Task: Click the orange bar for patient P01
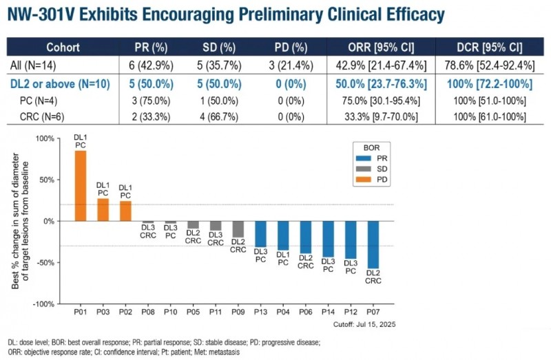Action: pyautogui.click(x=81, y=185)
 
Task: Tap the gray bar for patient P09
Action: pyautogui.click(x=238, y=229)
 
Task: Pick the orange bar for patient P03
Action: pyautogui.click(x=103, y=209)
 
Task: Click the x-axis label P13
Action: pyautogui.click(x=260, y=310)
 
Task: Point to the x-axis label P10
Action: pyautogui.click(x=170, y=310)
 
